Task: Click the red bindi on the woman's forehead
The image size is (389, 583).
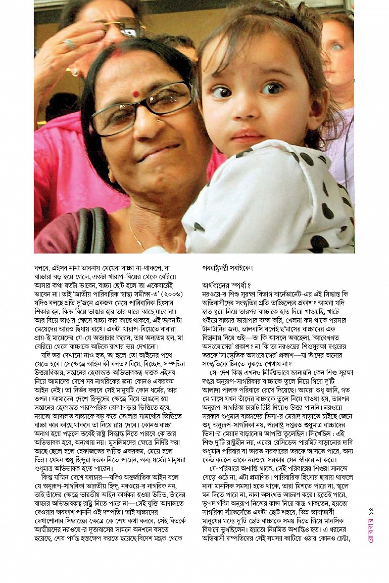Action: tap(135, 94)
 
